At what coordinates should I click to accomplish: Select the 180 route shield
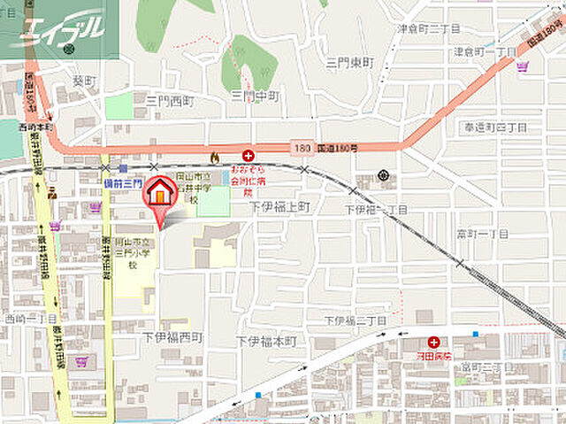302,148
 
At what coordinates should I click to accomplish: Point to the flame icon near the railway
213,156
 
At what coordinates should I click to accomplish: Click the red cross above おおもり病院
249,155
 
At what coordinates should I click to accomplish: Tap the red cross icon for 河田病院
433,342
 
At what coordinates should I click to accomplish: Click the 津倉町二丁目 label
429,29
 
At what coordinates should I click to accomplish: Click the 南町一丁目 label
483,233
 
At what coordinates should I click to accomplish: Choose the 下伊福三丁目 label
356,320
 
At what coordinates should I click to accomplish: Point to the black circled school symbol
383,175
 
